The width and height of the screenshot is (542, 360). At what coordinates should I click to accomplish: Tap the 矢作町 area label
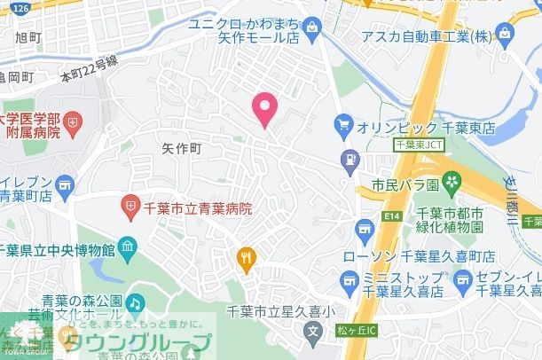pos(182,148)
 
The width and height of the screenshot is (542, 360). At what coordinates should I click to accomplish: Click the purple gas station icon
pos(350,160)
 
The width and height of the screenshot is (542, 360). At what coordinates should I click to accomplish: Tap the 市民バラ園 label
pos(403,187)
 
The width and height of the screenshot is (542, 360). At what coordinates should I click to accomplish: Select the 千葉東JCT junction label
pos(417,143)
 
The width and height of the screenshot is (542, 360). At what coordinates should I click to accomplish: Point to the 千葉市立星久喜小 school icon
pos(311,334)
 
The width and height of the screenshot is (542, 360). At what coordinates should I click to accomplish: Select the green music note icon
pos(134,302)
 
